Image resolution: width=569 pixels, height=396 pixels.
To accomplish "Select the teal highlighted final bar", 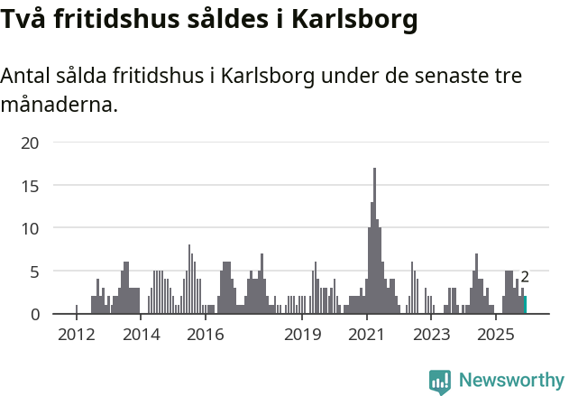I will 526,305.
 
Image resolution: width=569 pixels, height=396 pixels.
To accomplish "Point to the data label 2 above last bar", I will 525,278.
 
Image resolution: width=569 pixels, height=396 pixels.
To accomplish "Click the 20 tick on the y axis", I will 31,143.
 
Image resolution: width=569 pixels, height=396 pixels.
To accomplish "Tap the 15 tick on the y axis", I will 31,186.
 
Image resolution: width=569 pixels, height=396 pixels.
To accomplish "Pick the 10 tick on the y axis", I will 31,228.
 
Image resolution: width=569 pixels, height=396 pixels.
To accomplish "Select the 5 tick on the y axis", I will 34,272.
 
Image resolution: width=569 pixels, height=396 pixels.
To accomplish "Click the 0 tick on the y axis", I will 34,314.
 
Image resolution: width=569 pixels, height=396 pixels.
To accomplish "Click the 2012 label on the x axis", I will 76,336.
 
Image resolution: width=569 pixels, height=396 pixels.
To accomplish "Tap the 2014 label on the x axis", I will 141,336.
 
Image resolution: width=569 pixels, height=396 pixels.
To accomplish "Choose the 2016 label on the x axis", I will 206,336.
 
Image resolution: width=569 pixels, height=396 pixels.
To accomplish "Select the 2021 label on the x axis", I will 367,336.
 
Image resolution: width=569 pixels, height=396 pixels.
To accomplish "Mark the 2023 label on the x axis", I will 431,336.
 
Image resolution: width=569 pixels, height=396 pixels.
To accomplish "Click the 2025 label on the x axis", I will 496,336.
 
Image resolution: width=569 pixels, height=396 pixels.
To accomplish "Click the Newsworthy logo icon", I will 440,381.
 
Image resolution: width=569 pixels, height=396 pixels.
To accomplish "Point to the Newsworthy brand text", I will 511,381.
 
